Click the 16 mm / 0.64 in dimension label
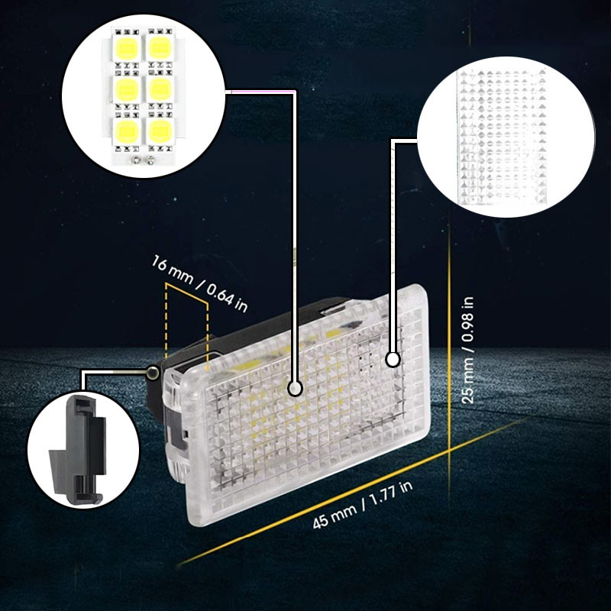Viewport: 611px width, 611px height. [x=199, y=283]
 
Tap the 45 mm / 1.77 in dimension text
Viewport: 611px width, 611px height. [x=362, y=505]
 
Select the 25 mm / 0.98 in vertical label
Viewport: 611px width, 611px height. [x=467, y=350]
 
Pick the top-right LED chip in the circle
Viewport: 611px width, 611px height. [x=160, y=48]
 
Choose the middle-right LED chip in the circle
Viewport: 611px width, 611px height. [x=160, y=89]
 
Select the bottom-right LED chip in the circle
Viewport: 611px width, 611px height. [x=160, y=131]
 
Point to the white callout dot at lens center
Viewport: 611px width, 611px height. [x=295, y=388]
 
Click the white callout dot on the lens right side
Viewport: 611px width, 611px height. [x=393, y=359]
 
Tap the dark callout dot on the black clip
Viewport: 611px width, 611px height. [x=154, y=373]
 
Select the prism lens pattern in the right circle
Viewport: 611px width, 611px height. [x=503, y=137]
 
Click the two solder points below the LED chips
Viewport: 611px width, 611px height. [x=143, y=159]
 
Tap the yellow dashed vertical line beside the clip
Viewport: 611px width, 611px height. [x=166, y=320]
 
